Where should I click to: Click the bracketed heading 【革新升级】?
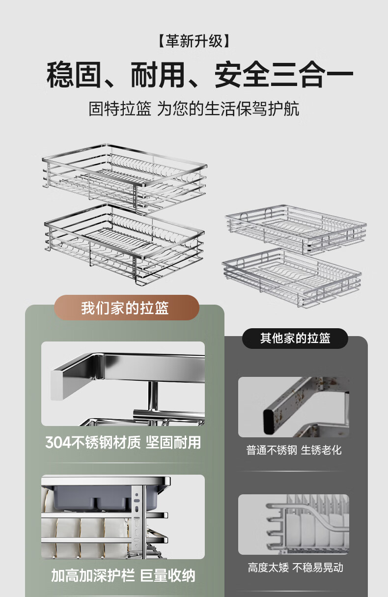(194, 41)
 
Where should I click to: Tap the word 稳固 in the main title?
(74, 75)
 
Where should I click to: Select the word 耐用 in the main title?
(158, 75)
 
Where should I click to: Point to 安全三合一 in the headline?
(284, 75)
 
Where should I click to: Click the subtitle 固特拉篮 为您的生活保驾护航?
(194, 109)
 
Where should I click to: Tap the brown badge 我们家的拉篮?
(127, 308)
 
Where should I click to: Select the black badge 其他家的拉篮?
(295, 338)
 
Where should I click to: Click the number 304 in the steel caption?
(58, 443)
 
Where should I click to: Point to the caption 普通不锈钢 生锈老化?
(294, 450)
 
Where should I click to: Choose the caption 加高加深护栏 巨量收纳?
(123, 576)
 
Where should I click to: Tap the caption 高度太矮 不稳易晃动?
(295, 568)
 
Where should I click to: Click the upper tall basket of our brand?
(125, 178)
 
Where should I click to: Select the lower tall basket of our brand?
(125, 244)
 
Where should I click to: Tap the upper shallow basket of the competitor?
(296, 229)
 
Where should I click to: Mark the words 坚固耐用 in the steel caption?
(173, 443)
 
